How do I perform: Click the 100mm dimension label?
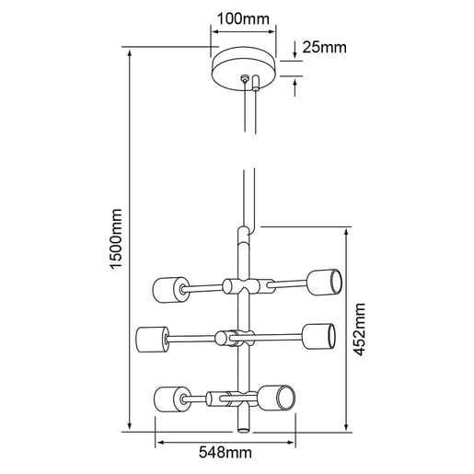pyautogui.click(x=245, y=17)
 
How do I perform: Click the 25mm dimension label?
pyautogui.click(x=324, y=47)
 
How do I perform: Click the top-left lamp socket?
pyautogui.click(x=167, y=288)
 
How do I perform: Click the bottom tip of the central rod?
pyautogui.click(x=244, y=428)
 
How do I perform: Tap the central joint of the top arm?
pyautogui.click(x=244, y=285)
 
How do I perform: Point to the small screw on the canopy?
pyautogui.click(x=244, y=80)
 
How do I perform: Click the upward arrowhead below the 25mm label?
pyautogui.click(x=295, y=80)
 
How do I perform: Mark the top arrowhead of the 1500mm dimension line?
pyautogui.click(x=126, y=51)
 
